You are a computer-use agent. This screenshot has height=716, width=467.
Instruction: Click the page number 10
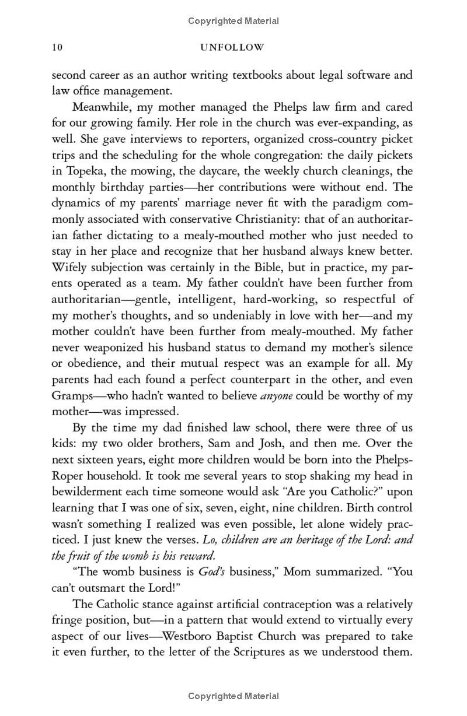(x=57, y=47)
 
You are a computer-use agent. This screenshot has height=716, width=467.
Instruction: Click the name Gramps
(x=71, y=396)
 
